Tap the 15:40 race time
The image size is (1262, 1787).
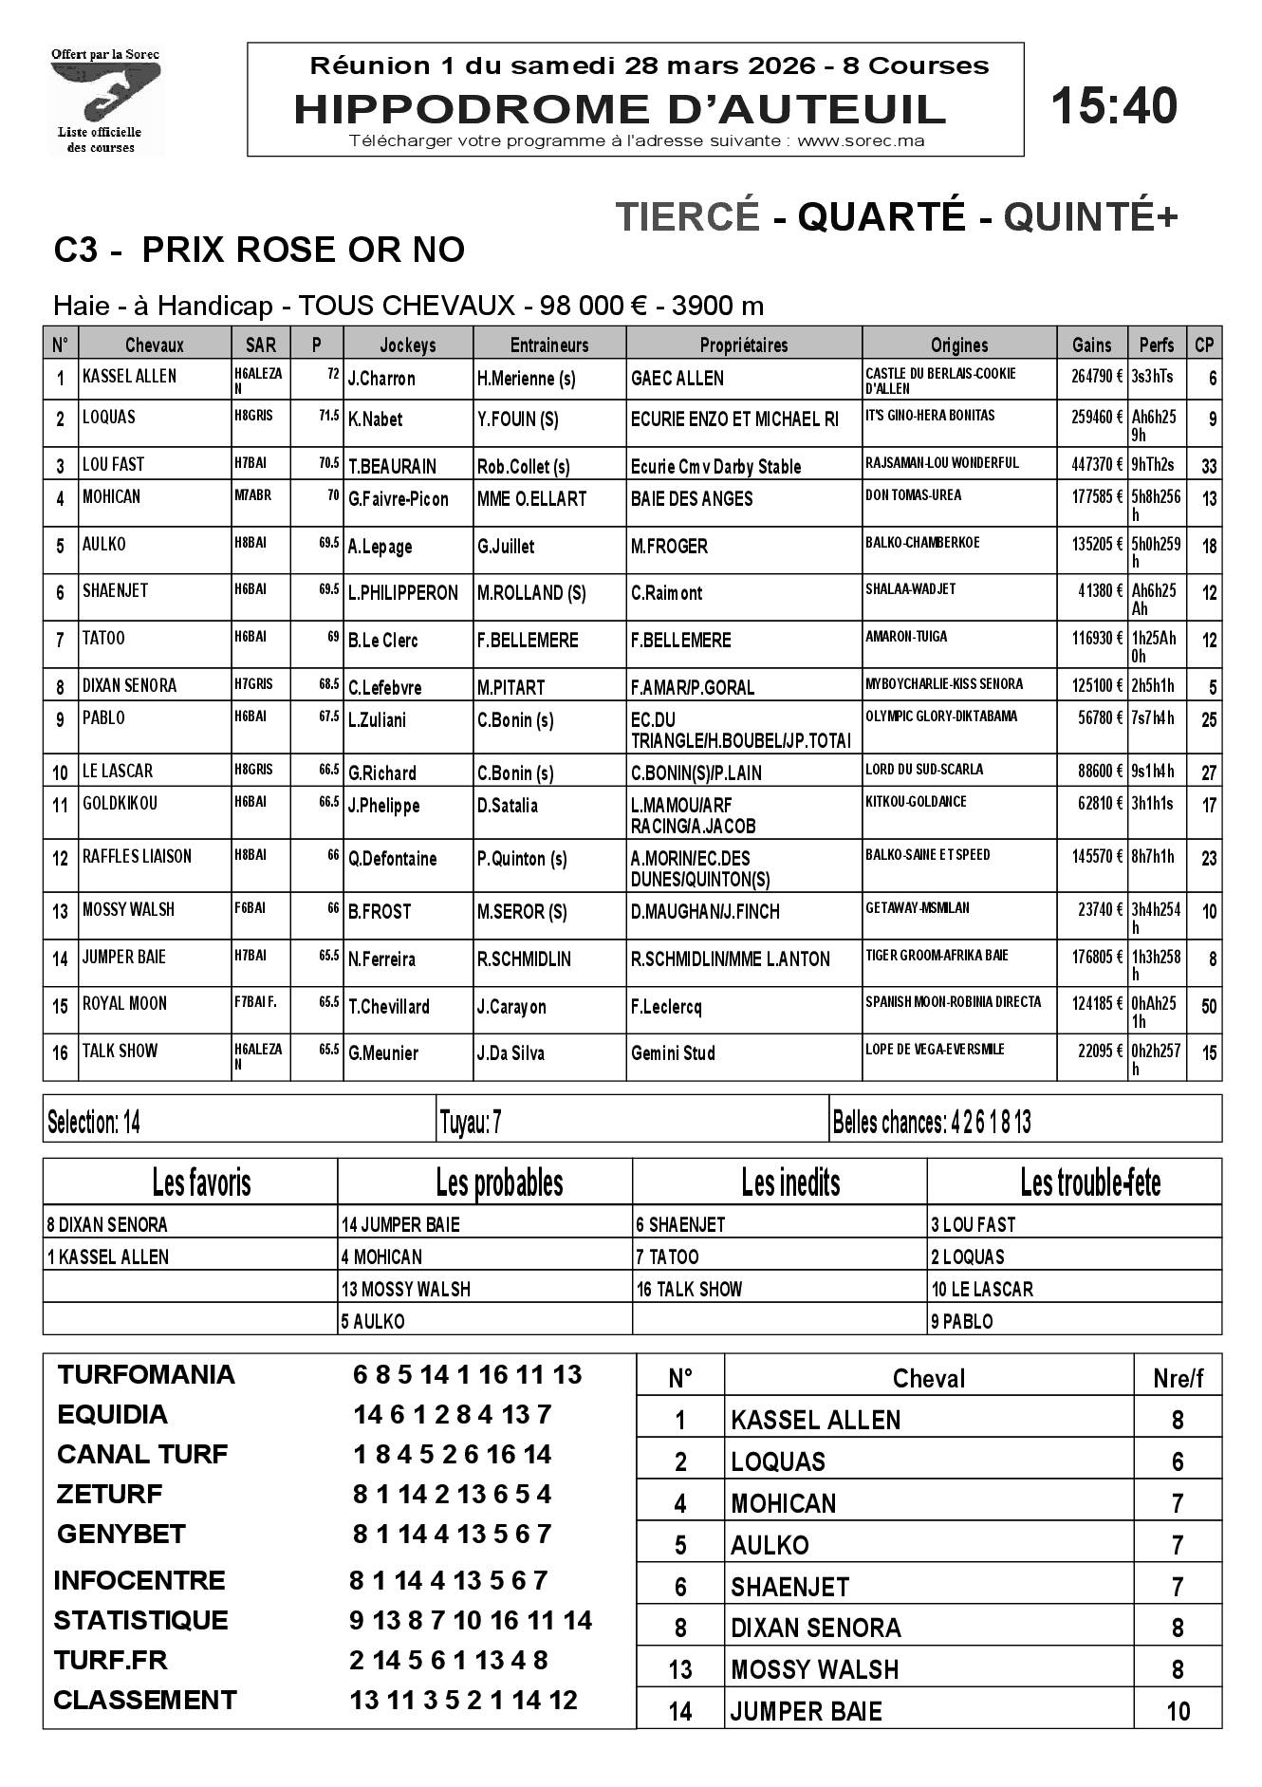[x=1114, y=105]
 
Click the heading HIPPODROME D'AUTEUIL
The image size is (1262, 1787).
[x=620, y=109]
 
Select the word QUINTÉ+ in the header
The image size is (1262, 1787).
[x=1090, y=217]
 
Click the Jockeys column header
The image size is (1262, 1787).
[x=407, y=344]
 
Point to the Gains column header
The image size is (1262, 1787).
[x=1091, y=344]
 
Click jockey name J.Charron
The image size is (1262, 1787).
[x=381, y=379]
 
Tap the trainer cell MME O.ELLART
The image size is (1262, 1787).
[x=531, y=499]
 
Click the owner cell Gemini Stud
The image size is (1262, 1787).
[x=673, y=1052]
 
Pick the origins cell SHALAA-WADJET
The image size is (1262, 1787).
[x=911, y=589]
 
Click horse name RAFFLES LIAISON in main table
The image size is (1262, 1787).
[x=137, y=857]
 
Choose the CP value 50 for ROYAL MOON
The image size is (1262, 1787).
[x=1208, y=1006]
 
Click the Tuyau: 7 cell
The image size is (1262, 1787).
[x=471, y=1123]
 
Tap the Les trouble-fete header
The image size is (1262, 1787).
[x=1089, y=1183]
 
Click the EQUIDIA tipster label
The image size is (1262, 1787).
[x=112, y=1414]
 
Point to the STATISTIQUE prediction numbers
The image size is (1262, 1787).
[x=470, y=1620]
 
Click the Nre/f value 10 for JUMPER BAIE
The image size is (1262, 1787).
[x=1178, y=1711]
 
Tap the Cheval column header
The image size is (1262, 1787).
[x=928, y=1378]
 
